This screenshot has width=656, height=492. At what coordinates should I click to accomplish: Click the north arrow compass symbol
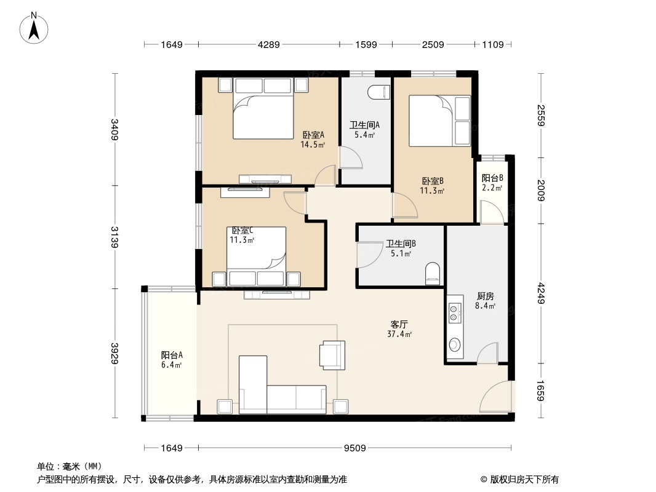[34, 28]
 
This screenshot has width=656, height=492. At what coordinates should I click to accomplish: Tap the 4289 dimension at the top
[268, 44]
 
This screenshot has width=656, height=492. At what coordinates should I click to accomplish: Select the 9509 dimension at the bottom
[355, 448]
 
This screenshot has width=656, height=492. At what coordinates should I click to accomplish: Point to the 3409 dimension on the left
[114, 130]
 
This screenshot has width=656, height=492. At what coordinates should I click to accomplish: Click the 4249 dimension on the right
[542, 293]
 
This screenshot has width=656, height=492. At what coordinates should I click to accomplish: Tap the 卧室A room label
[313, 135]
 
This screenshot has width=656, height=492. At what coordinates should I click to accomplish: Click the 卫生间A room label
[364, 125]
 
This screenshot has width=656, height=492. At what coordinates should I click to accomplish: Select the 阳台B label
[492, 178]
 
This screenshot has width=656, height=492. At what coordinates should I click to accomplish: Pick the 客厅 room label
[399, 324]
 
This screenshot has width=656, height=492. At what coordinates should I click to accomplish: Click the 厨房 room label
[486, 296]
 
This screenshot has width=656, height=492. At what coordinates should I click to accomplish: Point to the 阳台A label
[172, 355]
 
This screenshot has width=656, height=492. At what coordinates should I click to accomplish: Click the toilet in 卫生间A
[380, 92]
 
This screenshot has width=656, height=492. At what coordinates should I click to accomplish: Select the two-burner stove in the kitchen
[454, 313]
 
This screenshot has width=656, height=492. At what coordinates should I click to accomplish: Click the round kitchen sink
[454, 345]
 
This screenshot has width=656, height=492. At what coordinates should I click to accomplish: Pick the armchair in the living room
[332, 355]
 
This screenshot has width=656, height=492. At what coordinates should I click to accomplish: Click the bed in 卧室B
[439, 121]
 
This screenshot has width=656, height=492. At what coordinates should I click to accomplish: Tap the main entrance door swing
[495, 395]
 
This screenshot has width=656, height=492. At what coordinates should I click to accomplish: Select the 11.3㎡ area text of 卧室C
[242, 240]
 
